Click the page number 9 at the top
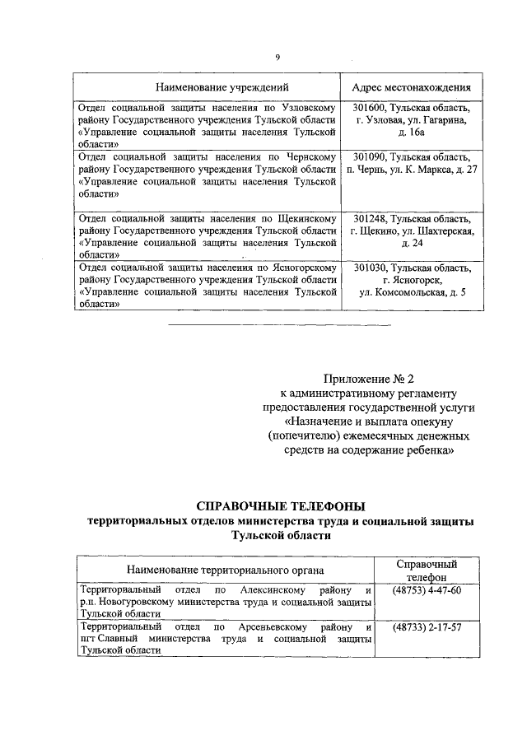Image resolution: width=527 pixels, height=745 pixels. coord(277,56)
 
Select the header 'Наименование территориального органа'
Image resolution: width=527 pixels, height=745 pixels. coord(225,570)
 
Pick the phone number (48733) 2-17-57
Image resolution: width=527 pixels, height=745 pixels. coord(427,627)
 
